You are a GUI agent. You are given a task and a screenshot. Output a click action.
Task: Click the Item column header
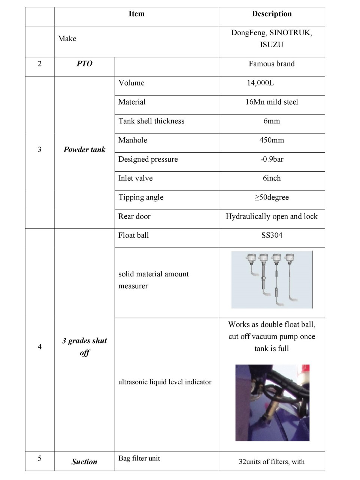point(136,14)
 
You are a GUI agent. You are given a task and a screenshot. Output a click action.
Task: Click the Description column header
point(272,14)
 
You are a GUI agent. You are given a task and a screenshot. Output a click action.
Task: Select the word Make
point(67,39)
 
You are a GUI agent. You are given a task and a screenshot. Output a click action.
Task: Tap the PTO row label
point(84,64)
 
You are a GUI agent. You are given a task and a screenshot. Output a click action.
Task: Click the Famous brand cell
point(272,64)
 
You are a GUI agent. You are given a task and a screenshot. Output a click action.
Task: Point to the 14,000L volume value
point(260,83)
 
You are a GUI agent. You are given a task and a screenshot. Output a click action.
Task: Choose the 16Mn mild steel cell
point(272,102)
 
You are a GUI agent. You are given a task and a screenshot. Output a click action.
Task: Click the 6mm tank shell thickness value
point(272,121)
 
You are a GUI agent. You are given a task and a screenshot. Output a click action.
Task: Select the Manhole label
point(133,140)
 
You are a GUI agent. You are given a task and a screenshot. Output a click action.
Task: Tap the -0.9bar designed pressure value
point(272,159)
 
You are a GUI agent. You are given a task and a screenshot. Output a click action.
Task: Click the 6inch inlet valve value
point(272,178)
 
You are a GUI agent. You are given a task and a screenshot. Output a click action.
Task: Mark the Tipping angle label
point(141,197)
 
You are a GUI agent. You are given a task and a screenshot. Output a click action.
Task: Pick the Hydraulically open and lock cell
point(272,216)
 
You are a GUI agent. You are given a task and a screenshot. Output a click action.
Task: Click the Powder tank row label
point(84,150)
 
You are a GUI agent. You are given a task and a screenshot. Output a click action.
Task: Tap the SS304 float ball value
point(272,235)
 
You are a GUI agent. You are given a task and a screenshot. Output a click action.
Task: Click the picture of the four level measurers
point(272,280)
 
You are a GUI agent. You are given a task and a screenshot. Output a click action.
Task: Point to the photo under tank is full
point(272,402)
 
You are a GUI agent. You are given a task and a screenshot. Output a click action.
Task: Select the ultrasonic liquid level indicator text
point(165,382)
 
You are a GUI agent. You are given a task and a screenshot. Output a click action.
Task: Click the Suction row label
point(84,462)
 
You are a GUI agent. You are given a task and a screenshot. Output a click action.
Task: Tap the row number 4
point(39,346)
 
